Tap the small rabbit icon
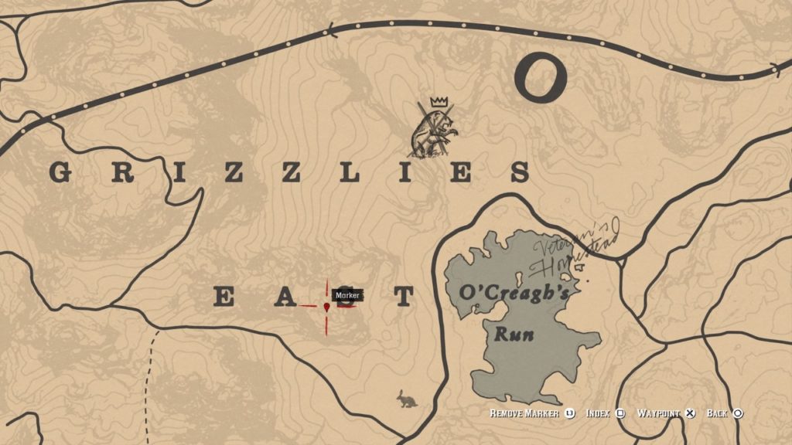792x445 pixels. (405, 399)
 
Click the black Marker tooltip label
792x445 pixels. (346, 295)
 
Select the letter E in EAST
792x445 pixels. (224, 297)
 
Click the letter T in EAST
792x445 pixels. (403, 297)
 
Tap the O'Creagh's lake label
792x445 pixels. (514, 294)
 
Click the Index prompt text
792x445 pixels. (599, 413)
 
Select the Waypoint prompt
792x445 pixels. (657, 413)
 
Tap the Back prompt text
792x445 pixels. (718, 413)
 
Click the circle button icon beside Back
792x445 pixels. (738, 413)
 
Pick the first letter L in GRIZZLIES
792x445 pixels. (348, 172)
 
